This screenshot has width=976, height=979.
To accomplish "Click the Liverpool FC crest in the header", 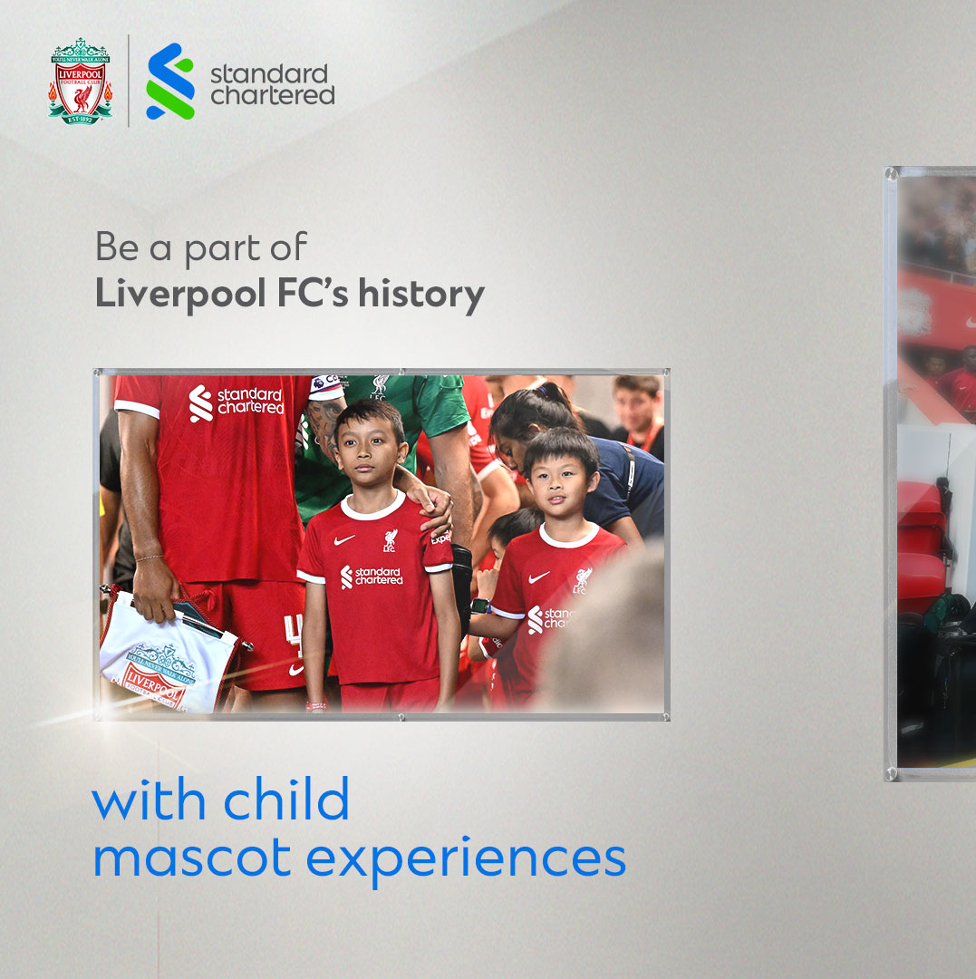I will click(x=80, y=81).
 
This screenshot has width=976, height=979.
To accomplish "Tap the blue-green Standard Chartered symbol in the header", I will click(x=170, y=82).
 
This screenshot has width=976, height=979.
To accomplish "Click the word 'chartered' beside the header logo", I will click(x=273, y=95).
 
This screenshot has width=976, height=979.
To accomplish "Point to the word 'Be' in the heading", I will click(x=117, y=247).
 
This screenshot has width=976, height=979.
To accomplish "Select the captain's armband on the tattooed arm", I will click(x=325, y=387).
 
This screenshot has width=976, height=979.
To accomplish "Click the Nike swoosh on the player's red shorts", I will click(x=295, y=670).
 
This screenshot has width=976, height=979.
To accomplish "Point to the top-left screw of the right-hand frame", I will click(x=893, y=172).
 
